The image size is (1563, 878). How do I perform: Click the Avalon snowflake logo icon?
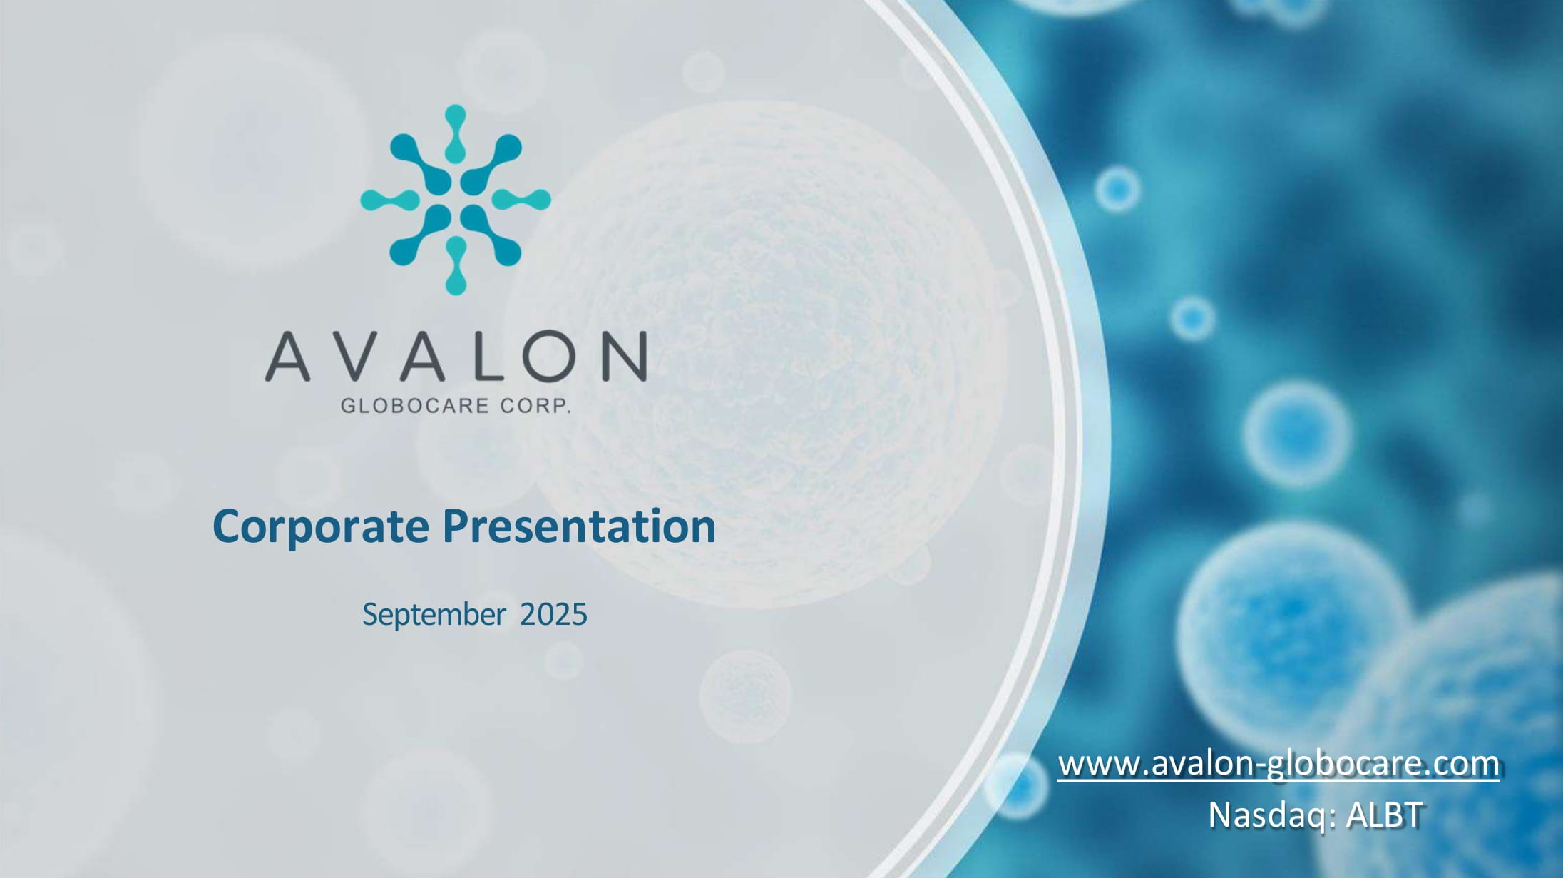(x=456, y=200)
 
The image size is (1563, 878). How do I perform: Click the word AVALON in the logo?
(x=456, y=355)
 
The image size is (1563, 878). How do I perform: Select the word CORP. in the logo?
(x=535, y=406)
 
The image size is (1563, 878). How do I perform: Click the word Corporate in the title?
(x=321, y=527)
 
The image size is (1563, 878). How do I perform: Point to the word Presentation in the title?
(x=579, y=526)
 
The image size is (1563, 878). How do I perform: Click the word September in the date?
(x=434, y=615)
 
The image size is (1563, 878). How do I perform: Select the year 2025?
(x=553, y=614)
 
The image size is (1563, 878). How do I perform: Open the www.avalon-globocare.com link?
(x=1278, y=764)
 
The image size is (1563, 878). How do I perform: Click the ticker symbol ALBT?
(x=1384, y=815)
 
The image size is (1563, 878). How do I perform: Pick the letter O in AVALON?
(x=551, y=355)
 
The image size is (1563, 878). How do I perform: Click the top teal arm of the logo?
(x=456, y=133)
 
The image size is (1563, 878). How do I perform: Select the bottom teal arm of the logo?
(x=456, y=266)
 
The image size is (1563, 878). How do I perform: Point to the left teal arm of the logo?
(x=389, y=200)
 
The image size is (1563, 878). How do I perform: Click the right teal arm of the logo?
(x=522, y=200)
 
